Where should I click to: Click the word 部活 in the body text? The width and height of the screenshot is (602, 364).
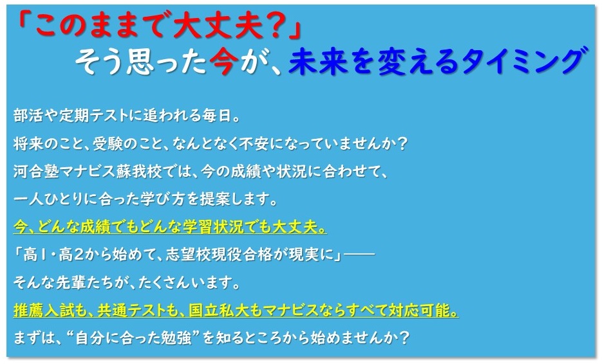pyautogui.click(x=28, y=116)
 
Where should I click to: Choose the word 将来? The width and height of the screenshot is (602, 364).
pyautogui.click(x=28, y=144)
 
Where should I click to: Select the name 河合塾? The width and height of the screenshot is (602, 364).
pyautogui.click(x=35, y=172)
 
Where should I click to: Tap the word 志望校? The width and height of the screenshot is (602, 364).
pyautogui.click(x=188, y=255)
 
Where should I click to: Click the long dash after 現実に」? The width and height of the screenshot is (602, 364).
pyautogui.click(x=359, y=255)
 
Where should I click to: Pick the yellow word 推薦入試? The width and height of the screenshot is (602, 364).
pyautogui.click(x=43, y=311)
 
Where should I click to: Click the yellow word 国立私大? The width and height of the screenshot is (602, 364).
pyautogui.click(x=218, y=311)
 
